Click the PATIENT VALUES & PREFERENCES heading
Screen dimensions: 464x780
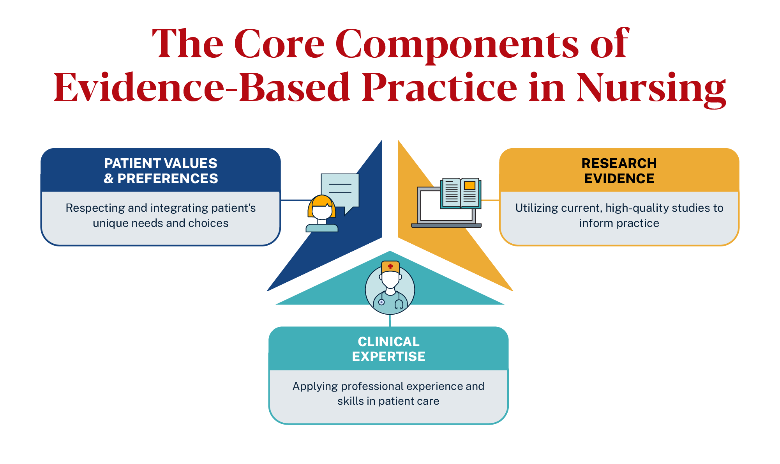(161, 171)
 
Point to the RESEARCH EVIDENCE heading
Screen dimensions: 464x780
(619, 171)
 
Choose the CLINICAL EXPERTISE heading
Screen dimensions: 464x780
(388, 349)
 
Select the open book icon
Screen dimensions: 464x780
(461, 193)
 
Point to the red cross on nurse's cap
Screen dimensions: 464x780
(390, 266)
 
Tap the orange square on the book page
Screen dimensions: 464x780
(469, 186)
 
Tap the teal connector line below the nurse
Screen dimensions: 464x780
(390, 321)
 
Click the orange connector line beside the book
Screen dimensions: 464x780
(491, 200)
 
